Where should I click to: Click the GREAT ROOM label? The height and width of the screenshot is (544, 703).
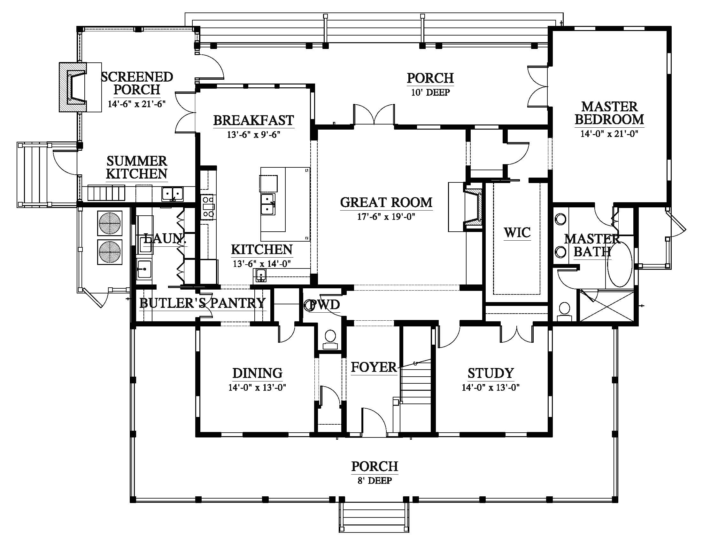coord(386,202)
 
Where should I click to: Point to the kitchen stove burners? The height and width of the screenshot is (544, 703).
coord(208,206)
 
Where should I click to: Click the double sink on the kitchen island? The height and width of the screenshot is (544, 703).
coord(268,204)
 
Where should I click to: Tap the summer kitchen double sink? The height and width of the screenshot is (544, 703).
coord(173,194)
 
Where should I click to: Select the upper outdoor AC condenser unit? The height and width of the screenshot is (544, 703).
coord(110,223)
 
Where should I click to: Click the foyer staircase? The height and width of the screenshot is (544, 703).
coord(415,383)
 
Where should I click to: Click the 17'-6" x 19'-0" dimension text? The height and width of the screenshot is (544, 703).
coord(386,217)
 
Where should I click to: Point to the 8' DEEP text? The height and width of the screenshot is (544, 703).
coord(375,481)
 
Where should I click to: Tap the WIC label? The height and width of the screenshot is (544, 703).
coord(517,233)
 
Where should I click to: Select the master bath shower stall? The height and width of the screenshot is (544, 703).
coord(606,306)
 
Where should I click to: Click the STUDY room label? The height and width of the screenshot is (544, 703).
coord(491,373)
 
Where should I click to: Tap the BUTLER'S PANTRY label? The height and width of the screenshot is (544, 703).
coord(203,303)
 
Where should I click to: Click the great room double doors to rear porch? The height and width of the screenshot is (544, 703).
coord(374,115)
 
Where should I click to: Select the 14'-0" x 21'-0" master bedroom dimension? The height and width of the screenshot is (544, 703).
coord(609,133)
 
